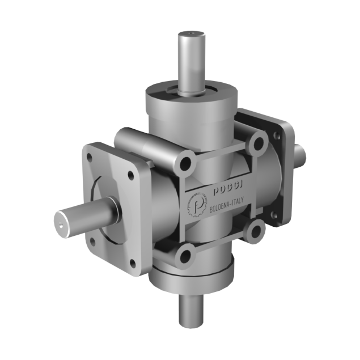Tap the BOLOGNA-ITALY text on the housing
click(226, 207)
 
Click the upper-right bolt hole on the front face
click(258, 143)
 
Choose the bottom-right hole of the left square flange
click(133, 262)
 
